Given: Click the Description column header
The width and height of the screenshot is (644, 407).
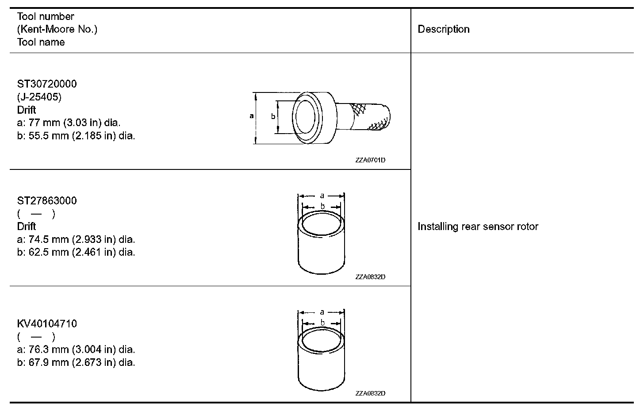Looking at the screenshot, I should (x=444, y=29).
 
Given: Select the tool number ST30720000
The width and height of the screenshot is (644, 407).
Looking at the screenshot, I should (x=47, y=84).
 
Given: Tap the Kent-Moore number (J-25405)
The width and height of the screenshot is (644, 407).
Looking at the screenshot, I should (x=39, y=97).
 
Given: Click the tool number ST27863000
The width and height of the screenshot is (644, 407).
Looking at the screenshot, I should (x=47, y=201).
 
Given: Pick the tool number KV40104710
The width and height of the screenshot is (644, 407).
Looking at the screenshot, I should (x=47, y=324).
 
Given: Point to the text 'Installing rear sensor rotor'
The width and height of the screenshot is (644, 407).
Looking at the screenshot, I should (x=478, y=227).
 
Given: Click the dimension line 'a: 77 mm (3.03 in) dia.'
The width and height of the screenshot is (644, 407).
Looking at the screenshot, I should (x=69, y=123).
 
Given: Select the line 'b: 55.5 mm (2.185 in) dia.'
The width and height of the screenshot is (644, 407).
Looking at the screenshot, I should (x=76, y=136).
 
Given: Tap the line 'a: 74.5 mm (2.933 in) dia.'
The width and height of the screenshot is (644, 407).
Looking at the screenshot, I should (x=76, y=239).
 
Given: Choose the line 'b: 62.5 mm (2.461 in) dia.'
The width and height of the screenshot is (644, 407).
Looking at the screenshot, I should (x=76, y=253).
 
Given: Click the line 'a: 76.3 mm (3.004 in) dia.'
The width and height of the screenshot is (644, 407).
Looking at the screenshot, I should (x=76, y=349).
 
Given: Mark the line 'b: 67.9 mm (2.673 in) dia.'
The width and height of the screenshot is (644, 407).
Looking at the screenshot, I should (x=76, y=363).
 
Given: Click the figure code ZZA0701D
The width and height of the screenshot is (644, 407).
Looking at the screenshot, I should (x=370, y=160).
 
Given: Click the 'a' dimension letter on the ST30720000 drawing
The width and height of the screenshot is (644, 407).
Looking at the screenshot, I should (x=251, y=116).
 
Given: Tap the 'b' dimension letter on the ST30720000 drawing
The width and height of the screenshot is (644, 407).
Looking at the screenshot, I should (x=273, y=116).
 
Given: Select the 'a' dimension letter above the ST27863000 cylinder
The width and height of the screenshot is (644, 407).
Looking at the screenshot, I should (x=322, y=196).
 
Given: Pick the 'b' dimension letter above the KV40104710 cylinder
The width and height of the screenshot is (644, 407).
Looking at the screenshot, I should (x=322, y=323).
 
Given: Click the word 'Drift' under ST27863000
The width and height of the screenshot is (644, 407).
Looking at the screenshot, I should (x=27, y=227).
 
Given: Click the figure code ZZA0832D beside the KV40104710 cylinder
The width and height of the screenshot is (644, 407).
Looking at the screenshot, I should (x=370, y=393).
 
